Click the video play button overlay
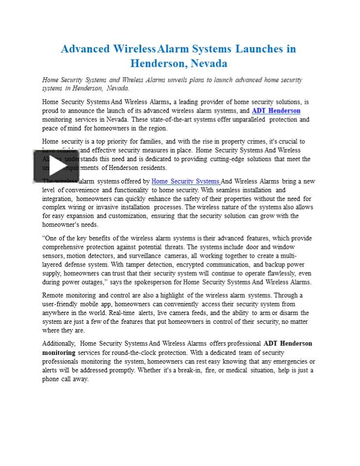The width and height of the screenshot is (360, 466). pyautogui.click(x=56, y=166)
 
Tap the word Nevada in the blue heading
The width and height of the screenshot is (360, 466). pyautogui.click(x=209, y=64)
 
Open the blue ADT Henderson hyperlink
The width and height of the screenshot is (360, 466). pyautogui.click(x=276, y=111)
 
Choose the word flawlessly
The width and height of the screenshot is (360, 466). pyautogui.click(x=275, y=273)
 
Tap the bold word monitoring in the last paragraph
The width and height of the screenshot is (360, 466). pyautogui.click(x=59, y=352)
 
